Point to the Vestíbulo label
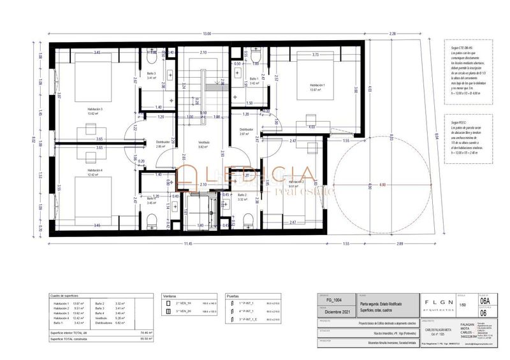(x=204, y=143)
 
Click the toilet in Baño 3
(x=150, y=59)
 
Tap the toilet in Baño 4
(x=151, y=222)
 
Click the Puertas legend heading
(x=233, y=296)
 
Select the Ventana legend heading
(x=169, y=296)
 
